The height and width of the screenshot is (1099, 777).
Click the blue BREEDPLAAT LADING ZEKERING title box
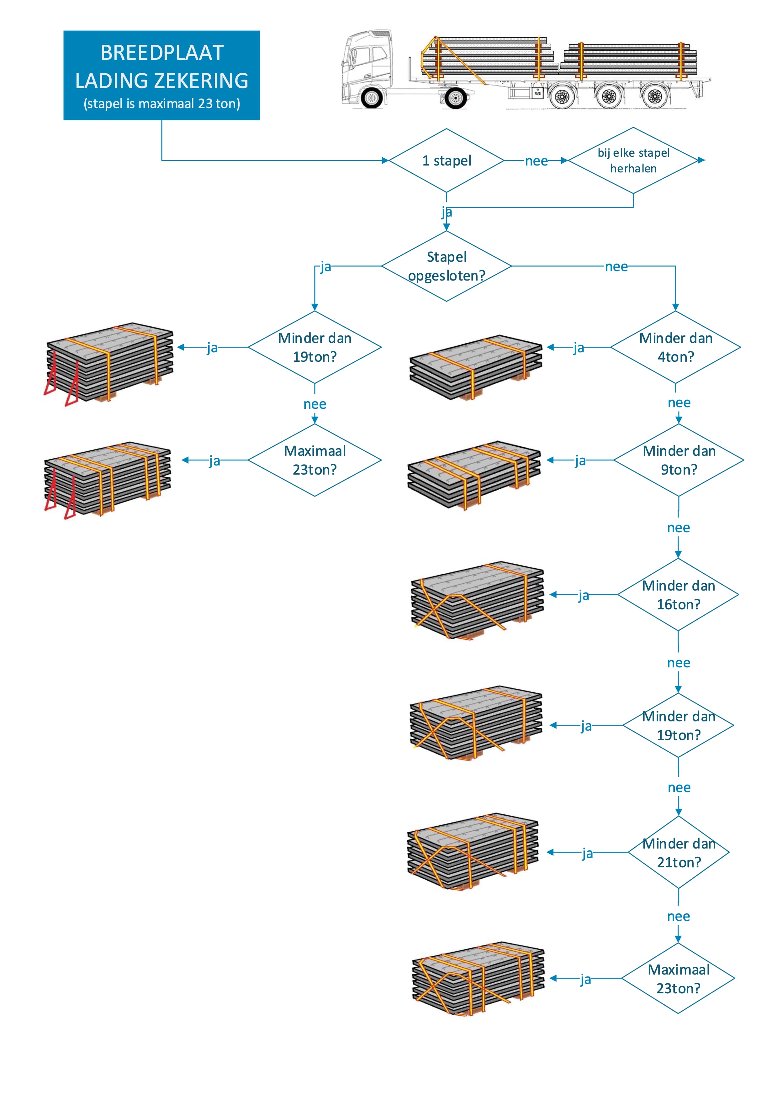[x=161, y=75]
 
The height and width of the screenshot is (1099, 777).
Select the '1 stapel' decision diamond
[x=446, y=160]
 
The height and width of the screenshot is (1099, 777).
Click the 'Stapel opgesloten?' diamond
[x=446, y=266]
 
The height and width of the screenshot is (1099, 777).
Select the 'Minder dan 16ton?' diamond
[x=678, y=595]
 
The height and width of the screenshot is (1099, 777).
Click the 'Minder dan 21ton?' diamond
[x=678, y=853]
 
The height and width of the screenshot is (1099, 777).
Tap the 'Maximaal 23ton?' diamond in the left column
[x=314, y=460]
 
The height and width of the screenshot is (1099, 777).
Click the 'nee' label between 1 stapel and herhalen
[x=536, y=161]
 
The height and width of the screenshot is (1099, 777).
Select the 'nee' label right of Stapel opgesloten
[x=616, y=267]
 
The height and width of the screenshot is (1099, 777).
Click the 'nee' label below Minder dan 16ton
[x=678, y=663]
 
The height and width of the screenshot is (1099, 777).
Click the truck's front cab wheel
[x=372, y=98]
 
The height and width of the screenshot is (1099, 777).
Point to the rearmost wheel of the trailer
[x=654, y=97]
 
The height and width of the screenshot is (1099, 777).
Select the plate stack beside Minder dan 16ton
[x=477, y=600]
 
